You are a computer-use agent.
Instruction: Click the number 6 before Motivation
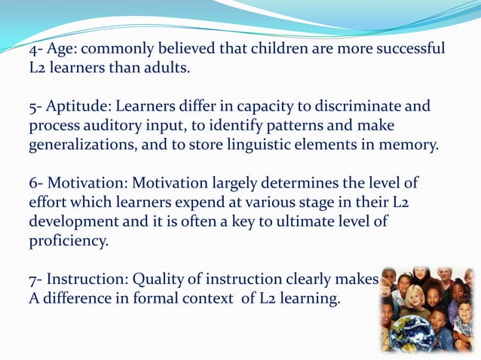[x=34, y=183]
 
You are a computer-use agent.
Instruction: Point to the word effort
[x=50, y=203]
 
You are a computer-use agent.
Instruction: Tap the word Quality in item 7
[x=159, y=279]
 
